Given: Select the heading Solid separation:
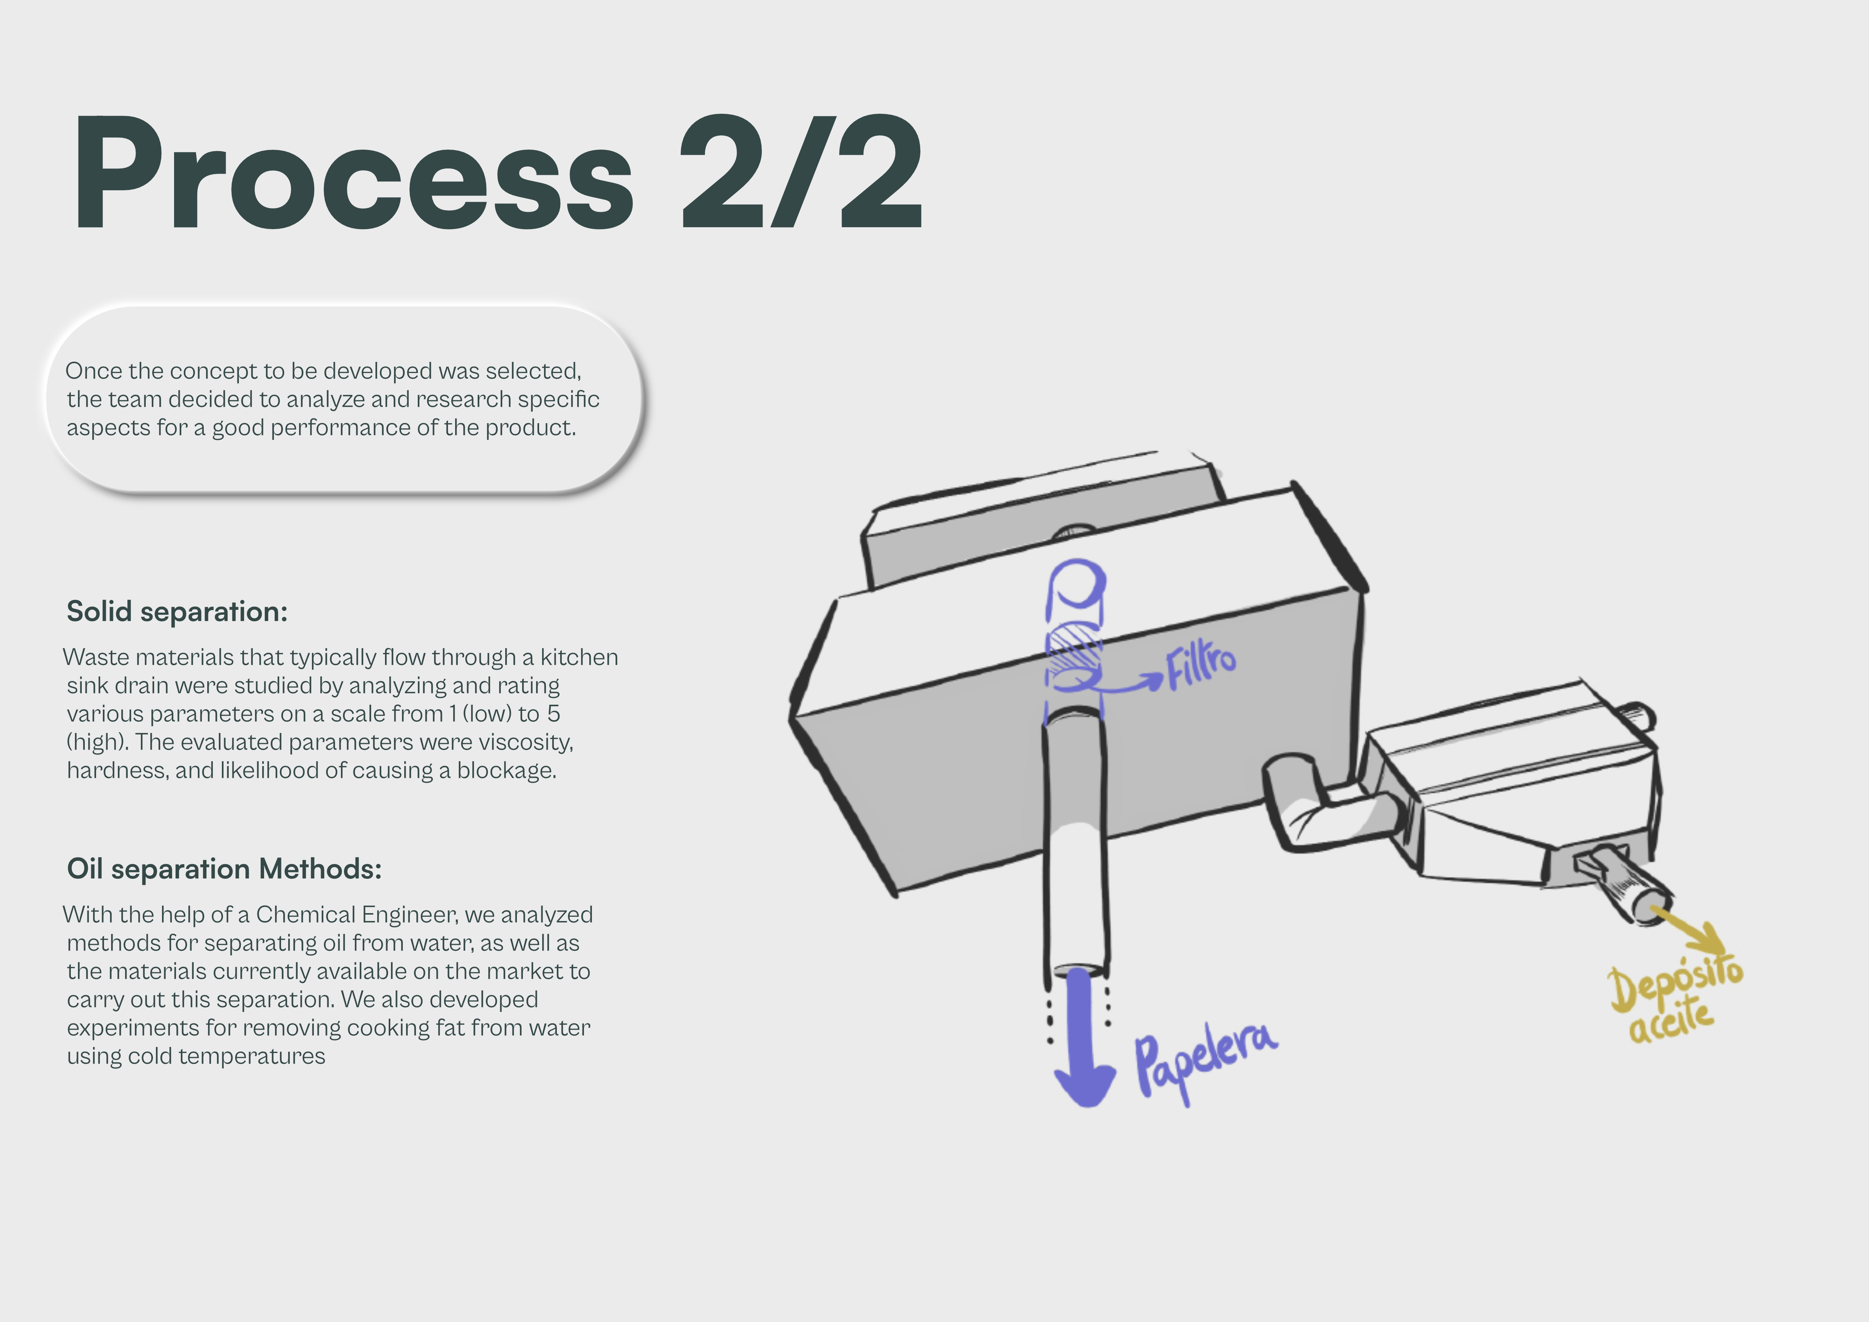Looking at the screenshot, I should coord(177,611).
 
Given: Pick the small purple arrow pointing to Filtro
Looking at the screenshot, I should coord(1131,684).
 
